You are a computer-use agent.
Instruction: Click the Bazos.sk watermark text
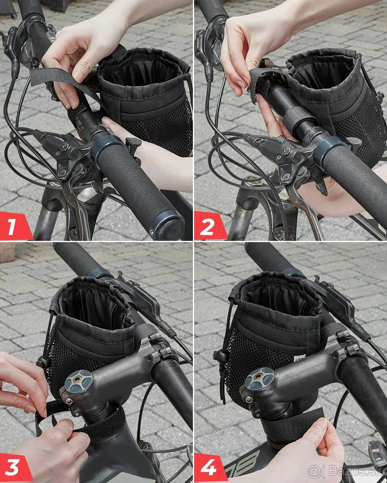[x=347, y=471]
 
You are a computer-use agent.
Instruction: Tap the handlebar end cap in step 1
[x=167, y=226]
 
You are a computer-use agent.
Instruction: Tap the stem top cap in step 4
[x=259, y=379]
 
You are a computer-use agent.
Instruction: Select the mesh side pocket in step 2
[x=355, y=133]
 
